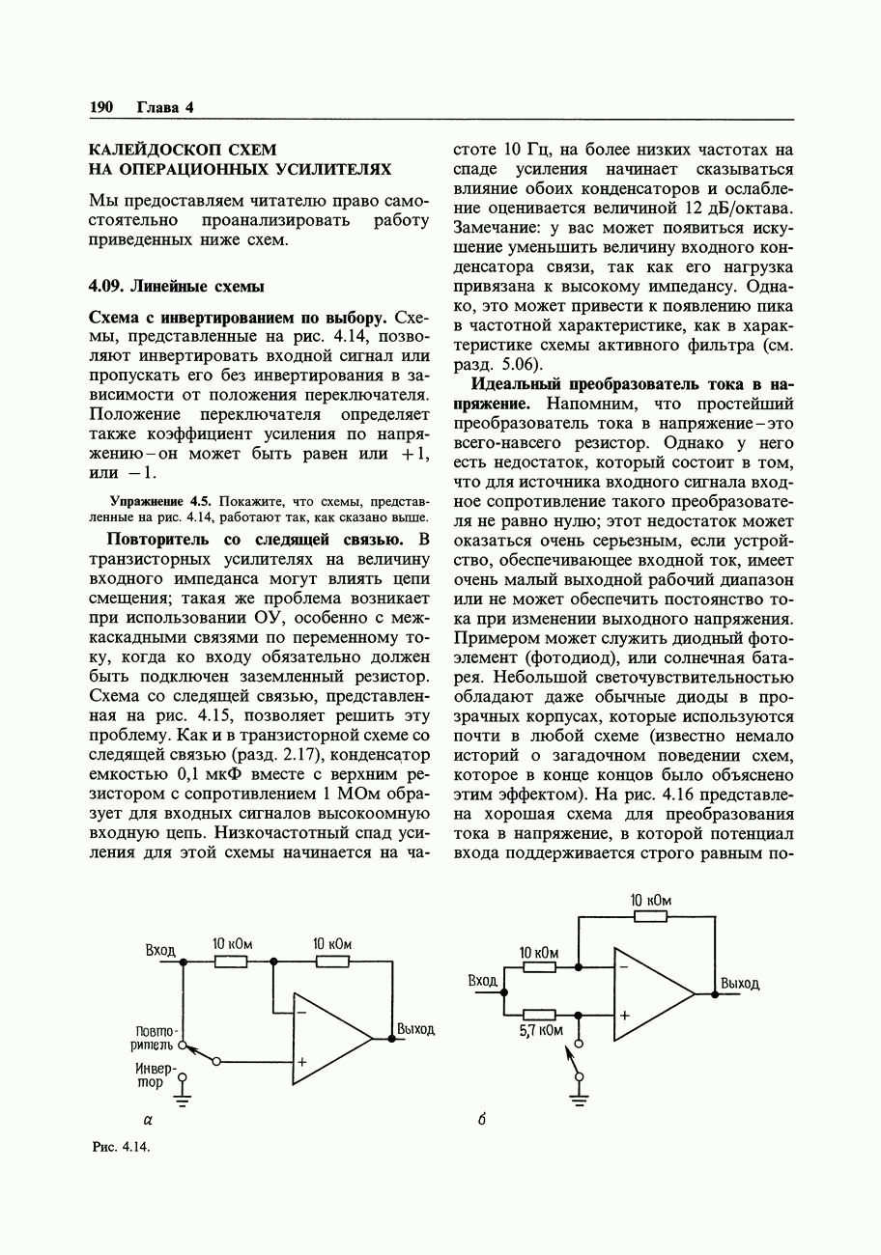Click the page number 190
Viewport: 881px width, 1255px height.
click(101, 107)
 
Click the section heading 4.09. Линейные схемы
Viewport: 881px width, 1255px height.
click(177, 287)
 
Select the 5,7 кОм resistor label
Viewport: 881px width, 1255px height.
click(541, 1031)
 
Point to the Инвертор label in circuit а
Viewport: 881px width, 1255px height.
click(156, 1075)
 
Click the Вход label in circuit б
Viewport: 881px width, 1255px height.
click(481, 981)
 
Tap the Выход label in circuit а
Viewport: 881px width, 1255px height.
click(415, 1029)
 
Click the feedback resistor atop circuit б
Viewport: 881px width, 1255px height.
click(650, 915)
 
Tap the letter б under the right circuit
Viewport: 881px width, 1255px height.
click(480, 1121)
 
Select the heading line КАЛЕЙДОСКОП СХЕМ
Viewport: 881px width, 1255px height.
click(183, 150)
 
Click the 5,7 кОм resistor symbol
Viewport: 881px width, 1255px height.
click(539, 1015)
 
